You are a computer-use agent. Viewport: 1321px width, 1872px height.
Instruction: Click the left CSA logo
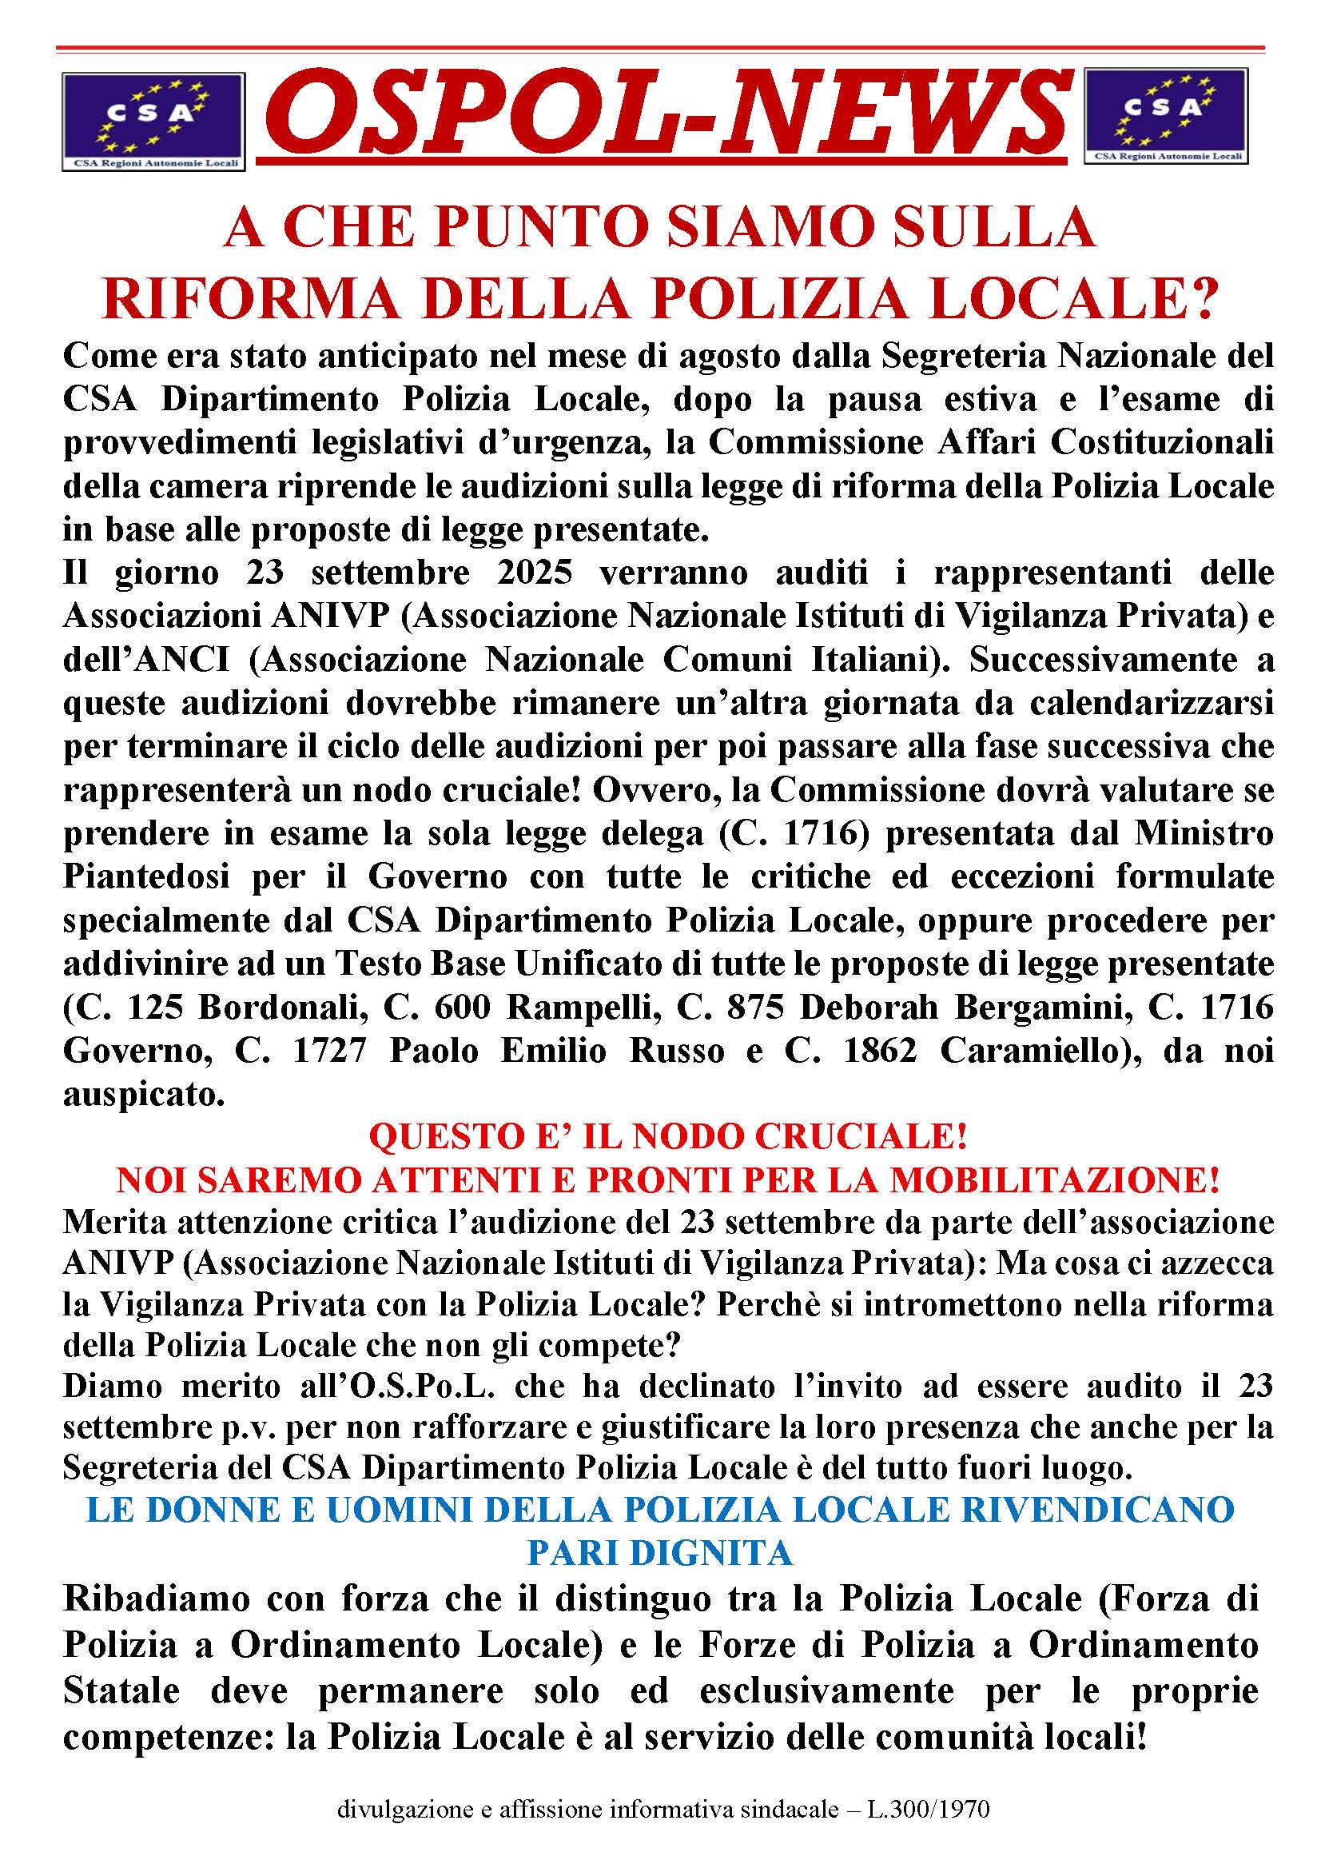coord(153,122)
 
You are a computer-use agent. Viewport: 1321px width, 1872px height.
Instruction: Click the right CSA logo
coord(1165,115)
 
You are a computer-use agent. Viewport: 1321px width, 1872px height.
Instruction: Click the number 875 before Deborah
coord(750,1007)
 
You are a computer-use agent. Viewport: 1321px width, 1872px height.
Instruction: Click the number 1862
coord(879,1050)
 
